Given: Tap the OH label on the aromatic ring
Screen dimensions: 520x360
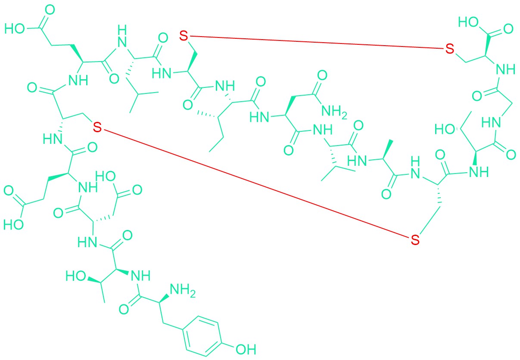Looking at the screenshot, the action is click(246, 349).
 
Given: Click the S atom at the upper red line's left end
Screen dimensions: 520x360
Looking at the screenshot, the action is click(184, 36).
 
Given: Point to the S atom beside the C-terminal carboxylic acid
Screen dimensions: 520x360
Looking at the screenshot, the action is click(450, 49).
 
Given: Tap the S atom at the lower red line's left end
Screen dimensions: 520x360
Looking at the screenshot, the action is click(97, 127).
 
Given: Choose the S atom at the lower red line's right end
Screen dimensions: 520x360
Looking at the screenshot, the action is click(415, 240).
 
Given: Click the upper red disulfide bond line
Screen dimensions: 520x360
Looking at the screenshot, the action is click(317, 42).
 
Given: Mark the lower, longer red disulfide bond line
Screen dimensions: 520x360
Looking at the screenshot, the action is click(256, 183).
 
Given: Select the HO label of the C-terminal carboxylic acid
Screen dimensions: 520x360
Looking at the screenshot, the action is click(468, 22).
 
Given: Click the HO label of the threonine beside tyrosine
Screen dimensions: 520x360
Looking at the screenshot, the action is click(76, 276).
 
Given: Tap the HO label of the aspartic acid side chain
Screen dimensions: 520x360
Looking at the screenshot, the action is click(106, 177).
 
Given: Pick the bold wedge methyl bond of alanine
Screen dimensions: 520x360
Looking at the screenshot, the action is click(387, 149).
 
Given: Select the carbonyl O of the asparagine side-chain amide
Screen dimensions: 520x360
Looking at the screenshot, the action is click(322, 75).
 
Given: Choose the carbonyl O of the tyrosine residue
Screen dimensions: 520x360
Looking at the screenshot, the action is click(124, 309).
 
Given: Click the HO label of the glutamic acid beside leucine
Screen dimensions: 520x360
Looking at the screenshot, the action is click(14, 29).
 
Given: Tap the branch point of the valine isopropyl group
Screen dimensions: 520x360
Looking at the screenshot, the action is click(334, 167).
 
